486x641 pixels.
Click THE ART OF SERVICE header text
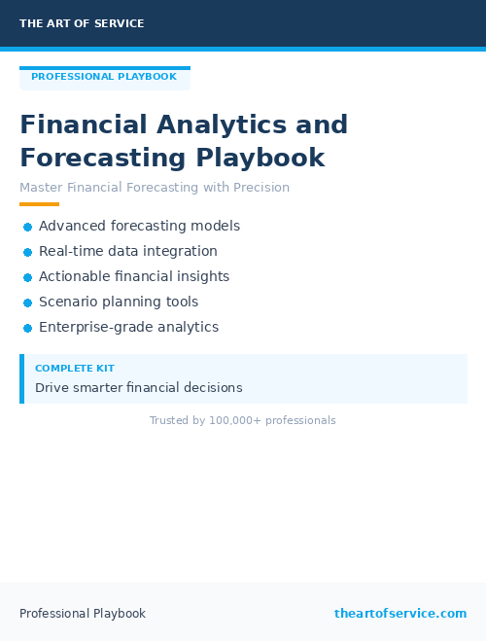tap(82, 23)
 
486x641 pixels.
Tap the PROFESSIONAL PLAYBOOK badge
tap(104, 77)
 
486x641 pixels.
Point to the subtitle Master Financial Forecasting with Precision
tap(155, 187)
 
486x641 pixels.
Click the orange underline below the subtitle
tap(39, 204)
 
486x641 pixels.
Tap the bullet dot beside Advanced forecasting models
tap(27, 227)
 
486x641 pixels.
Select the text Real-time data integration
tap(127, 251)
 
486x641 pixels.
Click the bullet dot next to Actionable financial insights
tap(27, 277)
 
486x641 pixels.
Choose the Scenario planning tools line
tap(118, 303)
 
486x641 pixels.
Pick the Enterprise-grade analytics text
tap(128, 328)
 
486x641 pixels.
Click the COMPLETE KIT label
tap(75, 369)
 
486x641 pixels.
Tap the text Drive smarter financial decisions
tap(138, 388)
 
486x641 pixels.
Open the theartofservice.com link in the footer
tap(400, 614)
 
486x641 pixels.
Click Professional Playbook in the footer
tap(83, 614)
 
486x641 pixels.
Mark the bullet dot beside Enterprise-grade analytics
tap(27, 328)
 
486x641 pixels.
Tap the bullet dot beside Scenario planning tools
tap(27, 303)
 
